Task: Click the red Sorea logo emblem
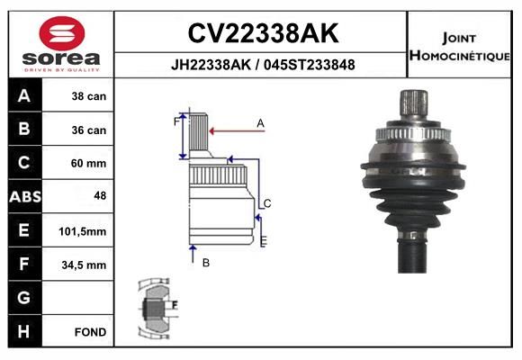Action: (x=62, y=33)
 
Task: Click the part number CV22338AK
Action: (x=263, y=33)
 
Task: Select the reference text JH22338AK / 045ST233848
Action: (x=263, y=65)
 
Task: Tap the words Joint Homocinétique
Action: (x=460, y=47)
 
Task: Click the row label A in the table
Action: (x=24, y=96)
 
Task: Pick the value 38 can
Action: (x=89, y=96)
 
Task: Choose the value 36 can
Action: (x=89, y=130)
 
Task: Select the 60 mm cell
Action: (x=88, y=163)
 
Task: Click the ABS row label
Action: (x=25, y=197)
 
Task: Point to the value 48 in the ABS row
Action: (x=100, y=195)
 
